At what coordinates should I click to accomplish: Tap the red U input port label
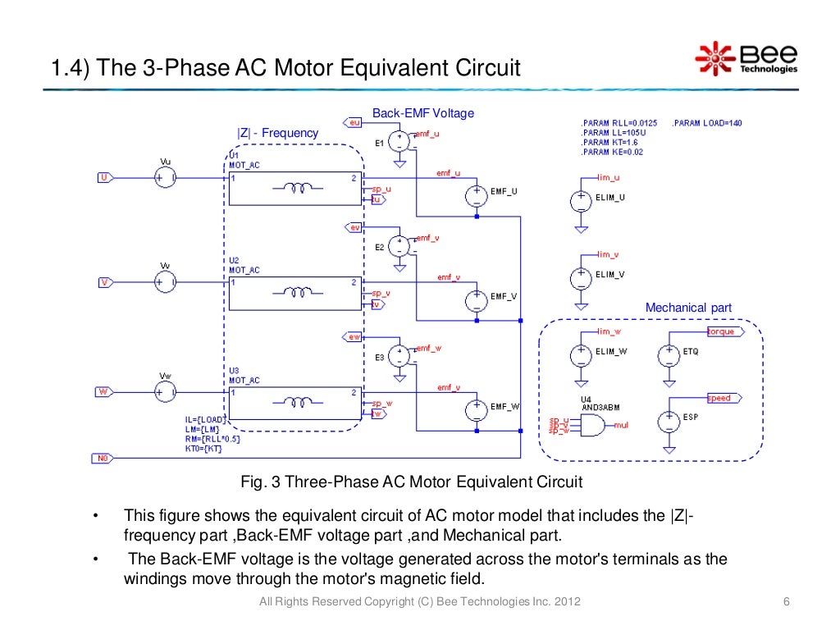click(104, 176)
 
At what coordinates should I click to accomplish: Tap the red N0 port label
click(103, 459)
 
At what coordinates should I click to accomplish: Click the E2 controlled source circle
click(399, 246)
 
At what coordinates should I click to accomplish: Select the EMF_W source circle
click(476, 408)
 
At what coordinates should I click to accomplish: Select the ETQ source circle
click(669, 354)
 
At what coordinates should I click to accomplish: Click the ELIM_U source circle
click(580, 200)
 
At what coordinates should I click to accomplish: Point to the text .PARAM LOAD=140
click(707, 123)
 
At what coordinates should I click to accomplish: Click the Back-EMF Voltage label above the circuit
click(423, 113)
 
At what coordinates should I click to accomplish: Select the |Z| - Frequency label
click(277, 133)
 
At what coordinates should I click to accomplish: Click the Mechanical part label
click(688, 308)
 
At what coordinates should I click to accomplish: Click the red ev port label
click(354, 227)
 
